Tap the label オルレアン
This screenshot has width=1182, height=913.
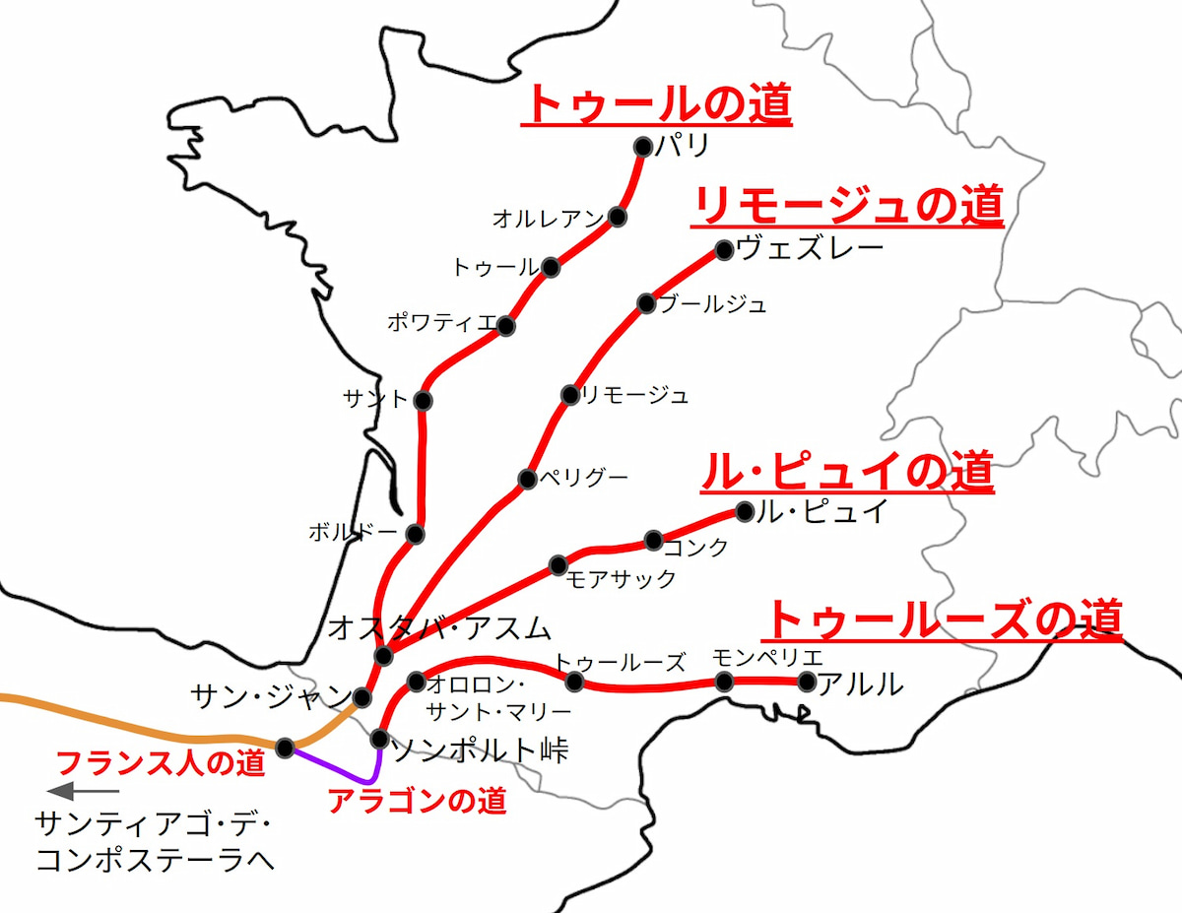pos(548,218)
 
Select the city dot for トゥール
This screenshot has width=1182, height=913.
pos(551,267)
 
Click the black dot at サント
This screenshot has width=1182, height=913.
pos(424,401)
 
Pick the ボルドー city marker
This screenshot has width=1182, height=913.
pos(414,534)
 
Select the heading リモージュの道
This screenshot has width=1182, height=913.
pos(848,207)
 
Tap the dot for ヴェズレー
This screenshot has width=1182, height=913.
pos(724,250)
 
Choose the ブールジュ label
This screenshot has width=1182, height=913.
pos(713,304)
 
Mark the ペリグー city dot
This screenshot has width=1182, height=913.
pos(527,480)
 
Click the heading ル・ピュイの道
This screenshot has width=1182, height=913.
pos(846,474)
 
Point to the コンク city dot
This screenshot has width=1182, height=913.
pos(654,540)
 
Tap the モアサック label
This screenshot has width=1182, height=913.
pos(622,579)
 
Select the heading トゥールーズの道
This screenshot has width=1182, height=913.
pos(944,620)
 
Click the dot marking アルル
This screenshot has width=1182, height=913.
pos(808,682)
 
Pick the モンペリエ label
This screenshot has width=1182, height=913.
pos(766,658)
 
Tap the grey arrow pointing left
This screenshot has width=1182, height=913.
pos(83,790)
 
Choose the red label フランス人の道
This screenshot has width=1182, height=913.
pos(162,763)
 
